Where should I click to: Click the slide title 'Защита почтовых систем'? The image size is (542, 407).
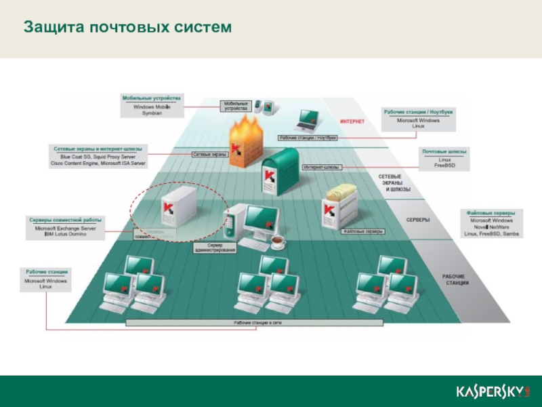pos(127,27)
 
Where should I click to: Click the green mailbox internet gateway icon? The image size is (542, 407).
pos(278,170)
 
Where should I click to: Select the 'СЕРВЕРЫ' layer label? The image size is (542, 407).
pos(418,220)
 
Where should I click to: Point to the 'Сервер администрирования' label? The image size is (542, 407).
pos(215,248)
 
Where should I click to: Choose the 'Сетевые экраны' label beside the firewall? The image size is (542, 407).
pos(209,155)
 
